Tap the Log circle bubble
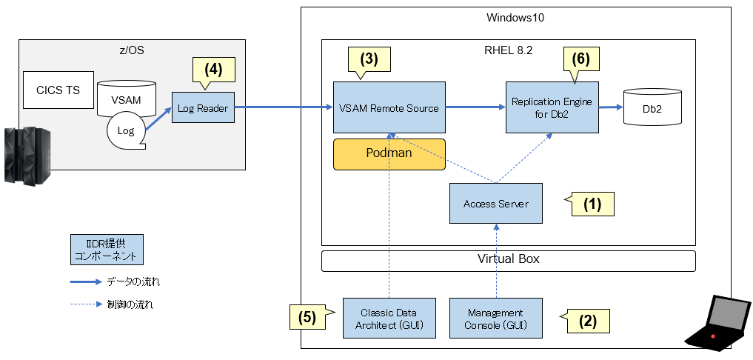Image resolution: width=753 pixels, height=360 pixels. pyautogui.click(x=126, y=131)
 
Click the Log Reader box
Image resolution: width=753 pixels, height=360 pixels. pyautogui.click(x=202, y=109)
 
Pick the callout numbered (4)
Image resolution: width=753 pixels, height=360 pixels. pyautogui.click(x=213, y=70)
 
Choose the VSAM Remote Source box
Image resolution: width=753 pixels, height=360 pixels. pyautogui.click(x=389, y=108)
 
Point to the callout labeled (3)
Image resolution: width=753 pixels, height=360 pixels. pyautogui.click(x=369, y=59)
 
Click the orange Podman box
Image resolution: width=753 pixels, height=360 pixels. pyautogui.click(x=389, y=154)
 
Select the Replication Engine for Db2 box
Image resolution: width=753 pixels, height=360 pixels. pyautogui.click(x=552, y=107)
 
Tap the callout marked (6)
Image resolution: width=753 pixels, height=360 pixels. pyautogui.click(x=581, y=59)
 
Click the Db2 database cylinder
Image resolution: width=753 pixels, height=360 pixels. pyautogui.click(x=651, y=108)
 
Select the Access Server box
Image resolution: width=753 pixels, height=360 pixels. pyautogui.click(x=495, y=204)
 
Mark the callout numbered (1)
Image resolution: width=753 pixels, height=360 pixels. pyautogui.click(x=593, y=204)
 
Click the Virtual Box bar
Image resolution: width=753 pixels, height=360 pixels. pyautogui.click(x=509, y=260)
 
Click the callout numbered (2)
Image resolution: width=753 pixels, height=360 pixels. pyautogui.click(x=586, y=321)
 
